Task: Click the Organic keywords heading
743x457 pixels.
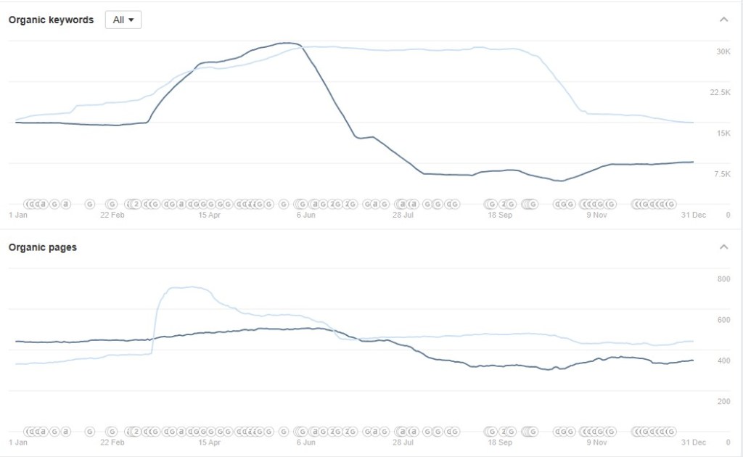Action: pos(51,20)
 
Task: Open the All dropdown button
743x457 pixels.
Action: pos(123,20)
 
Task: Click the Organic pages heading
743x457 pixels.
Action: pos(42,247)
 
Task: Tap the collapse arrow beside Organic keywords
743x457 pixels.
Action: pos(723,20)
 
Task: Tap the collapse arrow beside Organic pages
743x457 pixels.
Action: pos(723,247)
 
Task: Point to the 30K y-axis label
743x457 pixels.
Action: pos(723,52)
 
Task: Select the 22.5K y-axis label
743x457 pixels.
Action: pos(720,92)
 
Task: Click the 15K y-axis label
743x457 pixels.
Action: pos(723,133)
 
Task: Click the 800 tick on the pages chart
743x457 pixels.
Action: pos(723,279)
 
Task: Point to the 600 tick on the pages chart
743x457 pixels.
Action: pos(723,320)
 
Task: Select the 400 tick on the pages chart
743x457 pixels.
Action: pos(723,361)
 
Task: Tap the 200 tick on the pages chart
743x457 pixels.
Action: pos(723,401)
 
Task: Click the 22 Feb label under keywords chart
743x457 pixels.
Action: pos(112,215)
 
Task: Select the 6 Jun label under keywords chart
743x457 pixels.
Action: pos(306,215)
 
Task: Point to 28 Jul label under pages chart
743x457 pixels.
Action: pos(403,442)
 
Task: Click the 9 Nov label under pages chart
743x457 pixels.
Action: pos(596,442)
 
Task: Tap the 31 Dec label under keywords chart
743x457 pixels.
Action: pos(694,215)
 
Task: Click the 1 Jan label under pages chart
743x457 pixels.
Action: pos(18,442)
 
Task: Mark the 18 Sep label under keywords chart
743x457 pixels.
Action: pos(500,215)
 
